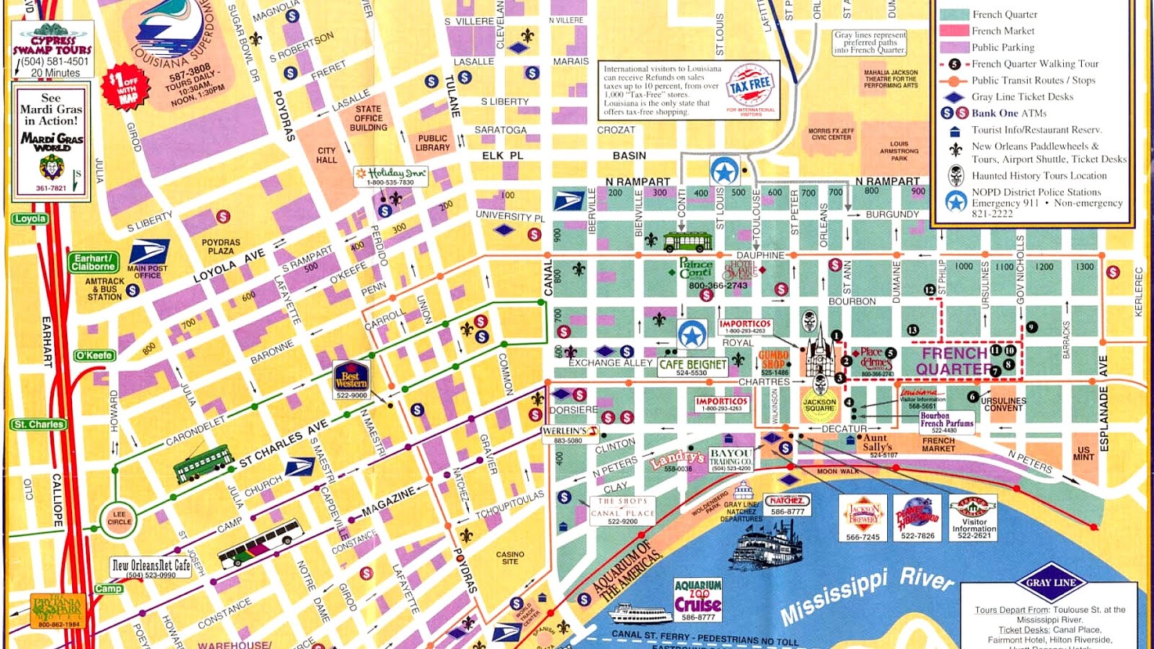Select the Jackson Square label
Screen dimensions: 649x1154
tap(819, 405)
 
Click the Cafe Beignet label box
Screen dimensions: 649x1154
tap(692, 366)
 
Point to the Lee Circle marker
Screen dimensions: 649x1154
tap(119, 518)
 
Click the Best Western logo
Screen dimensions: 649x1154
tap(351, 377)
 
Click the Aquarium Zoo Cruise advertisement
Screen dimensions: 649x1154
tap(697, 599)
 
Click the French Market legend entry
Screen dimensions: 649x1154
tap(1003, 31)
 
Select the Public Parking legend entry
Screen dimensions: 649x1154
tap(1003, 48)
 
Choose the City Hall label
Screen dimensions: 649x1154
tap(326, 155)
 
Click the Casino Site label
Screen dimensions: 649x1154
tap(510, 557)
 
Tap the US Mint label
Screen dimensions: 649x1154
tap(1083, 453)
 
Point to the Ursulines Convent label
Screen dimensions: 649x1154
tap(1003, 404)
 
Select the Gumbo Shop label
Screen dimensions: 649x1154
tap(773, 361)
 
